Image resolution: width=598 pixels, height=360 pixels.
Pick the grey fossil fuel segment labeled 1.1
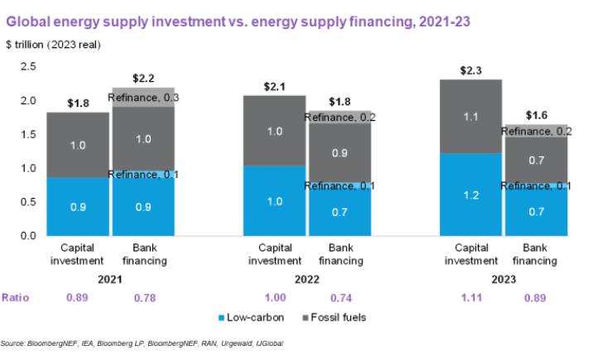click(470, 118)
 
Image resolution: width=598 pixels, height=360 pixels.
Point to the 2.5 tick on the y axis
click(28, 66)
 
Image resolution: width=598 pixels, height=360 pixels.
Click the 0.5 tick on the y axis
click(28, 202)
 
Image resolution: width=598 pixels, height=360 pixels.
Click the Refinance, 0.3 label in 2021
click(144, 98)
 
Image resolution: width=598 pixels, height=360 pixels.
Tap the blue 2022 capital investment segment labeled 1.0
click(273, 201)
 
